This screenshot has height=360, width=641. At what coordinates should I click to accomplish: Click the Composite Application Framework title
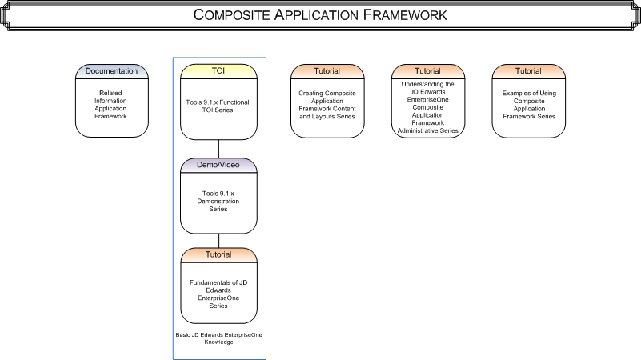320,15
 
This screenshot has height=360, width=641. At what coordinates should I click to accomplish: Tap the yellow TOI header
218,71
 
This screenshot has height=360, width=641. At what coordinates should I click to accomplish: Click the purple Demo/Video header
218,165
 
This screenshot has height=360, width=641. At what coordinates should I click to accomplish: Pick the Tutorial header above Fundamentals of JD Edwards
218,254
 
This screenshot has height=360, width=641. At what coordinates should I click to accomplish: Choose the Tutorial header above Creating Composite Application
327,71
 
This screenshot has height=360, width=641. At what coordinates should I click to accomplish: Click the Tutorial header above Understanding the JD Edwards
427,71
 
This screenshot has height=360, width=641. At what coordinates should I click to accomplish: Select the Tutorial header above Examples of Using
528,71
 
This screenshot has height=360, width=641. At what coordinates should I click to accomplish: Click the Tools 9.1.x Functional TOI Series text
218,107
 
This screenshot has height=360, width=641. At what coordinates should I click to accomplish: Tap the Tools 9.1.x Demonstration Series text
218,201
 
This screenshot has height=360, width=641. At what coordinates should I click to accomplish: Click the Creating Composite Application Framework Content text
327,104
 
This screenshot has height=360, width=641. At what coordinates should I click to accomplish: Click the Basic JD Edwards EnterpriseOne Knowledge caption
218,338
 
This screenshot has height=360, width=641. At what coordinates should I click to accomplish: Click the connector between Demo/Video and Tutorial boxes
218,240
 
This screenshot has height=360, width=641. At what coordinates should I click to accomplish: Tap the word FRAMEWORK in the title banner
398,15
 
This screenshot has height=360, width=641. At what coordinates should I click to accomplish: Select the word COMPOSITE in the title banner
238,15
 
